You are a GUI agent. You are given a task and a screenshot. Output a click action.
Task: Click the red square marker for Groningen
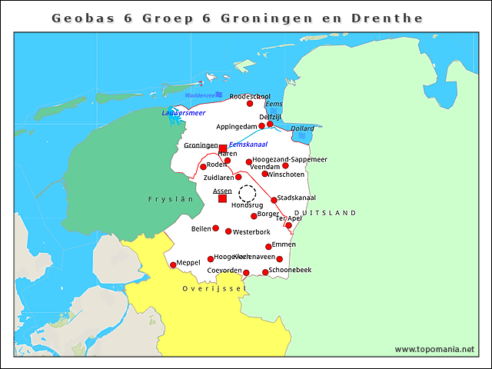[x=223, y=148]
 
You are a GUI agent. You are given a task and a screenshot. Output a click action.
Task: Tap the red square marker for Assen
[x=222, y=198]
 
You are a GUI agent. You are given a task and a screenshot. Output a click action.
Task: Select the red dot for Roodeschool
[x=250, y=104]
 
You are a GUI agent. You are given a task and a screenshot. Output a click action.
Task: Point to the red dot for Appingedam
[x=261, y=126]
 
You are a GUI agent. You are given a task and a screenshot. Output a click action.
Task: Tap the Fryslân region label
[x=171, y=198]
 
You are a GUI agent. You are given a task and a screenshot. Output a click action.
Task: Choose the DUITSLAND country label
[x=325, y=212]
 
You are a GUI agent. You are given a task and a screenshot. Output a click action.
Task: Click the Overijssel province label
[x=213, y=288]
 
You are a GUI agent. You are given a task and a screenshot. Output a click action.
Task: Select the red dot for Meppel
[x=173, y=265]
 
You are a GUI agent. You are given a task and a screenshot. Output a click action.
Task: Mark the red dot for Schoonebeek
[x=265, y=272]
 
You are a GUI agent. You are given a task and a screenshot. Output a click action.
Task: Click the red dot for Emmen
[x=268, y=247]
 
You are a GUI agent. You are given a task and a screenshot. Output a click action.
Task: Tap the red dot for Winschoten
[x=264, y=174]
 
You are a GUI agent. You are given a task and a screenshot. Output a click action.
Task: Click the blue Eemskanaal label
[x=248, y=144]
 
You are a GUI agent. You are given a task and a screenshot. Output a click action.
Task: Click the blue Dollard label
[x=302, y=128]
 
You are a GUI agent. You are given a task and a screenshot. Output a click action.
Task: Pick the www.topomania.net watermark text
[x=434, y=349]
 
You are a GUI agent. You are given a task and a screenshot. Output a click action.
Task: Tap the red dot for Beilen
[x=216, y=228]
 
